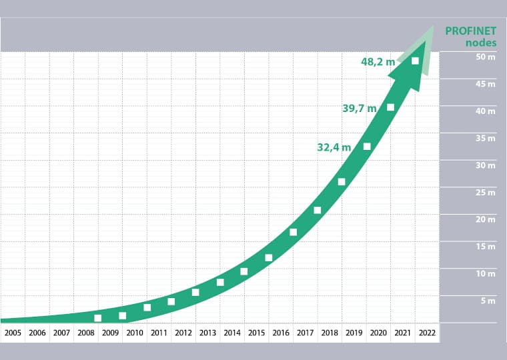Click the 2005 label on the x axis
pyautogui.click(x=13, y=333)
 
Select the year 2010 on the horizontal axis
pyautogui.click(x=134, y=333)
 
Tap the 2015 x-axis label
pyautogui.click(x=256, y=333)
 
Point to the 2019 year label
pyautogui.click(x=354, y=333)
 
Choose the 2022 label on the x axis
pyautogui.click(x=426, y=333)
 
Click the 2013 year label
pyautogui.click(x=207, y=333)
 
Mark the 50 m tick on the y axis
pyautogui.click(x=485, y=57)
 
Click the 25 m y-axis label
pyautogui.click(x=485, y=193)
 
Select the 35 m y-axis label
pyautogui.click(x=485, y=139)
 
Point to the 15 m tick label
pyautogui.click(x=485, y=247)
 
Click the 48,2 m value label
pyautogui.click(x=377, y=62)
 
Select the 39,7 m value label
pyautogui.click(x=359, y=109)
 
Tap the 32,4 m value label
pyautogui.click(x=334, y=147)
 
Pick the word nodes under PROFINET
pyautogui.click(x=481, y=42)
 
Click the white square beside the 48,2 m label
pyautogui.click(x=415, y=61)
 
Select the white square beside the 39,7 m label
pyautogui.click(x=391, y=107)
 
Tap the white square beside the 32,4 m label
pyautogui.click(x=367, y=146)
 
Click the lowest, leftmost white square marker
pyautogui.click(x=98, y=318)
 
